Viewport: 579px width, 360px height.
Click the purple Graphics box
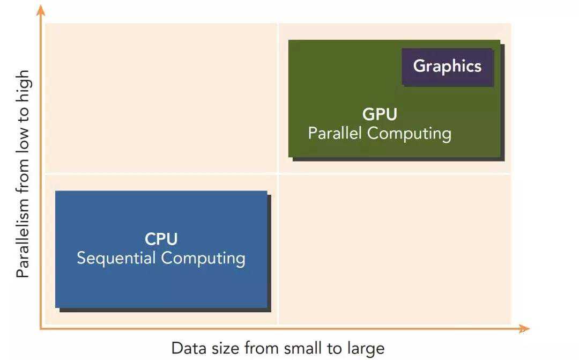tap(447, 67)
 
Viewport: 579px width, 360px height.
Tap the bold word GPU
tap(380, 114)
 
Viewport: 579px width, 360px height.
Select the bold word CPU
tap(161, 239)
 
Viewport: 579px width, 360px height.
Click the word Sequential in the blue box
tap(117, 258)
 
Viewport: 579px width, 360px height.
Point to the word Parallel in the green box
tap(333, 133)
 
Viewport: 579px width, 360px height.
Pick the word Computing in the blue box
tap(203, 259)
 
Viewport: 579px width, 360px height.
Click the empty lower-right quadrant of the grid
tap(394, 249)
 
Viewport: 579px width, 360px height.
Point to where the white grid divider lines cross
tap(278, 173)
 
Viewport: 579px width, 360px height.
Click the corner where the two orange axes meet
tap(41, 328)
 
